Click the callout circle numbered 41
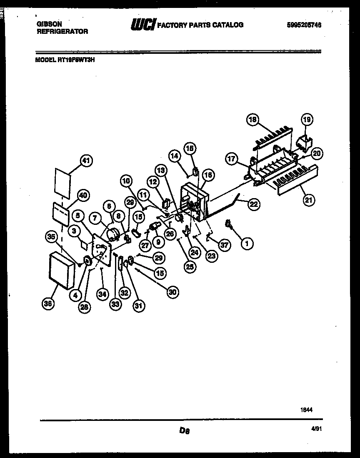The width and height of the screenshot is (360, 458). [87, 161]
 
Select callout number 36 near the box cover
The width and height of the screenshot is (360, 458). [49, 304]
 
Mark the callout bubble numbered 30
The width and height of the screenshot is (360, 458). [172, 293]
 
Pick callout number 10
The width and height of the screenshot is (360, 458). [127, 181]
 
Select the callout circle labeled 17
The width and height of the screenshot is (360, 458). [232, 159]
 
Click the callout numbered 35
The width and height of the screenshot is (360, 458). [51, 237]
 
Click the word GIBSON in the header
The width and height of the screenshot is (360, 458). [49, 24]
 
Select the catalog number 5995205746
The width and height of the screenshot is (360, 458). [304, 25]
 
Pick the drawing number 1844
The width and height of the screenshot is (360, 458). [306, 410]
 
